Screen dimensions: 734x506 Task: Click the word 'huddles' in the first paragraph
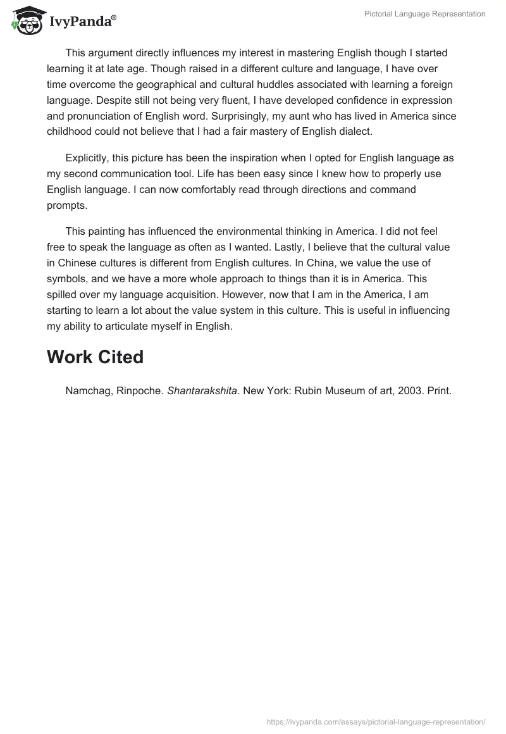pos(303,84)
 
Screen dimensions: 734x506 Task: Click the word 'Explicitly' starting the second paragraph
pos(88,158)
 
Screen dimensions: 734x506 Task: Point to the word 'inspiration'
pos(253,158)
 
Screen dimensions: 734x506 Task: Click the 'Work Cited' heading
pos(95,357)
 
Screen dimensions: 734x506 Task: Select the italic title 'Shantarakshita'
pos(202,390)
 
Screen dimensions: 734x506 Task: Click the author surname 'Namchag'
pos(88,390)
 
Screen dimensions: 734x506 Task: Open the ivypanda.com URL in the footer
pos(376,721)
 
